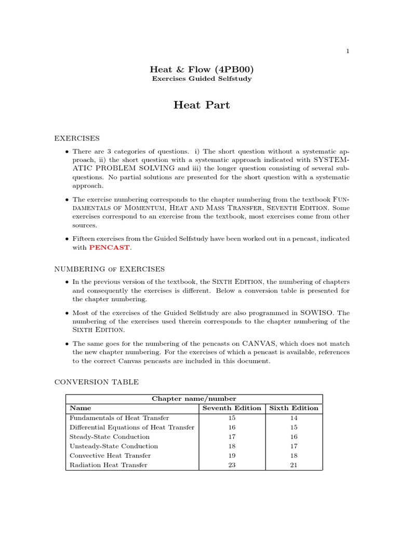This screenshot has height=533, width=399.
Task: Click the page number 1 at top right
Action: click(348, 50)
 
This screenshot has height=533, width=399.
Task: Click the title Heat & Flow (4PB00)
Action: click(202, 69)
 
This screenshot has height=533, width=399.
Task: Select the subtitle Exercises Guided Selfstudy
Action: click(202, 79)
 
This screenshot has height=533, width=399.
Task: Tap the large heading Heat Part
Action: click(202, 105)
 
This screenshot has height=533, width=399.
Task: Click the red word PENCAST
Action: click(109, 247)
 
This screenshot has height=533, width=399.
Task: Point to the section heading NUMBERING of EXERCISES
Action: click(110, 269)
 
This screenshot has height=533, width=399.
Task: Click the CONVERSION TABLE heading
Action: click(97, 382)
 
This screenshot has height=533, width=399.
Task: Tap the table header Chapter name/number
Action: click(194, 399)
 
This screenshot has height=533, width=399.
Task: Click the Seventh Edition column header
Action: click(231, 408)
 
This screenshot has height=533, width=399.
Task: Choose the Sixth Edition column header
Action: click(294, 408)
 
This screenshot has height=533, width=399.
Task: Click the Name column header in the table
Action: click(80, 408)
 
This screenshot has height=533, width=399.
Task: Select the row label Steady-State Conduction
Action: click(110, 437)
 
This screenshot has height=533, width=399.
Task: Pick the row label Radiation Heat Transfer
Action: click(109, 465)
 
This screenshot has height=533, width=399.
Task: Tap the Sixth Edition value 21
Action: click(294, 465)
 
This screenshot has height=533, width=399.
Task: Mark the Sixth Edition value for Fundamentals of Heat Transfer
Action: click(294, 418)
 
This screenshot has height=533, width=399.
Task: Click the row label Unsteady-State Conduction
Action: click(114, 446)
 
